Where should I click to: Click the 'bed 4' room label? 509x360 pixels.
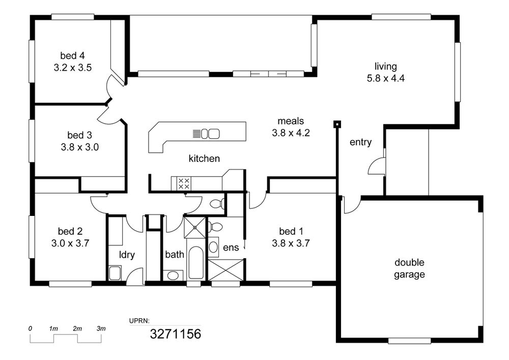tap(72, 56)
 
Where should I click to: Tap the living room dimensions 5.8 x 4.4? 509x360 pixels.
tap(386, 78)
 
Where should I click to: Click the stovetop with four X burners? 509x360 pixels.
tap(184, 183)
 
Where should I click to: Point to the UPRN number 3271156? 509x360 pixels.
tap(175, 334)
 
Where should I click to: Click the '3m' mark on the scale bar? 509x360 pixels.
tap(101, 328)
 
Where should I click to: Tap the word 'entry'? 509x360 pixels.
tap(360, 142)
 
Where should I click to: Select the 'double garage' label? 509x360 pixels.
tap(409, 268)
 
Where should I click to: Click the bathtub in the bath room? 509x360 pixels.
tap(196, 263)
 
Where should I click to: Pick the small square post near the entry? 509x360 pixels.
tap(337, 124)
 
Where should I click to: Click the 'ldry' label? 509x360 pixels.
tap(127, 255)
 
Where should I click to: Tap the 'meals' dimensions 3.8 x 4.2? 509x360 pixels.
tap(291, 133)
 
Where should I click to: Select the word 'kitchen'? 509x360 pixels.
tap(204, 158)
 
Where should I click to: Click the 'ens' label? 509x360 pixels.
tap(231, 247)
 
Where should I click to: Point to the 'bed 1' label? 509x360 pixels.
tap(291, 231)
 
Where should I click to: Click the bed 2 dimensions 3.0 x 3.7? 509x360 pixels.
tap(70, 243)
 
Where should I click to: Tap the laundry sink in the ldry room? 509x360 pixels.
tap(115, 273)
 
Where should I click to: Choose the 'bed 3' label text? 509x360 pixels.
tap(79, 135)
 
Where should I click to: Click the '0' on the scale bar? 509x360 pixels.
tap(30, 328)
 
